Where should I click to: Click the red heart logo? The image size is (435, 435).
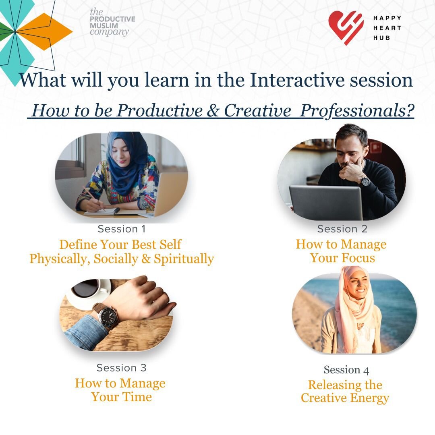346,27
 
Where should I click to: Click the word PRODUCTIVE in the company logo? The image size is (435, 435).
112,19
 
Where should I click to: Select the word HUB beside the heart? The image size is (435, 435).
382,38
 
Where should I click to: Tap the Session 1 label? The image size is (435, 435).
122,229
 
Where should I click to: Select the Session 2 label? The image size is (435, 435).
342,229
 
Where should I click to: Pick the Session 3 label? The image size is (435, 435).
121,368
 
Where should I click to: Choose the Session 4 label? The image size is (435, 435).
346,370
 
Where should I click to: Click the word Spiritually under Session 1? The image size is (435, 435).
184,259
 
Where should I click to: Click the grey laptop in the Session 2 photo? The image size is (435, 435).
326,203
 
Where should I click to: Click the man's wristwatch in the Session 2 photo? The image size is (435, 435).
365,182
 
